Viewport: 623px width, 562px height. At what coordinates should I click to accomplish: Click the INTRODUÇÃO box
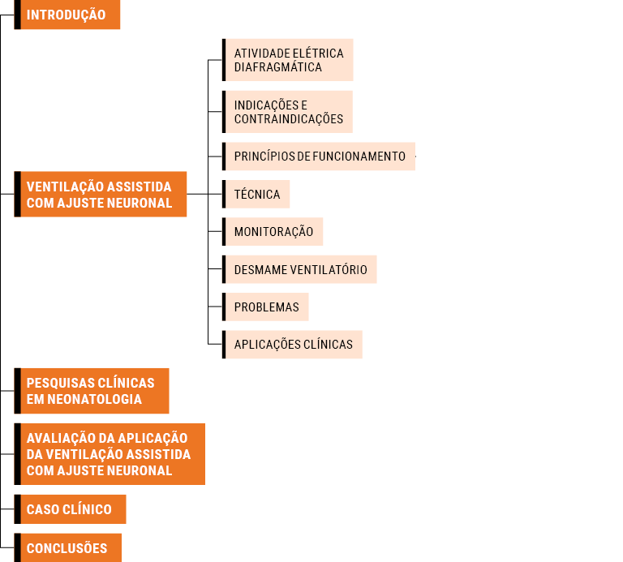[x=67, y=15]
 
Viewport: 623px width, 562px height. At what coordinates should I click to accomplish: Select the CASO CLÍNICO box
[x=70, y=509]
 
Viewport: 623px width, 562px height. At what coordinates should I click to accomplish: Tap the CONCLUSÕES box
[x=68, y=547]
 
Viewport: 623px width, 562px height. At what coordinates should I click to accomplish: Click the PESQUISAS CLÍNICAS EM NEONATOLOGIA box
[x=92, y=391]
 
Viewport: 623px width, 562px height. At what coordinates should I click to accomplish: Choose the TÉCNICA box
[x=256, y=194]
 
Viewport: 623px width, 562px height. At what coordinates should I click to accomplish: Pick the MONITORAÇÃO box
[x=273, y=232]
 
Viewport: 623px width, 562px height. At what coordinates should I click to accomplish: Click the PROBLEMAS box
[x=265, y=307]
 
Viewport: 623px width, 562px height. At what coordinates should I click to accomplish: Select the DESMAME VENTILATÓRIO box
[x=299, y=269]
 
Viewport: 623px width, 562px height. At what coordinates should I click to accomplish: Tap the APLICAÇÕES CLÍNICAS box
[x=292, y=345]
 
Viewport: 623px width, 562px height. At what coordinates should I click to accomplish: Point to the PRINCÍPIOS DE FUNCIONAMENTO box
[x=319, y=157]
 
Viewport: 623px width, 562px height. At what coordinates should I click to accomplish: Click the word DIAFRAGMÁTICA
[x=277, y=67]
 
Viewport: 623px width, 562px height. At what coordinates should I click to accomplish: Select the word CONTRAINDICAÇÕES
[x=289, y=118]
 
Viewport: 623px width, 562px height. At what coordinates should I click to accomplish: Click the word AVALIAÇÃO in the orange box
[x=60, y=438]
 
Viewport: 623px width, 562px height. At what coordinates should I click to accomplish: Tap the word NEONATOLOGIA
[x=95, y=399]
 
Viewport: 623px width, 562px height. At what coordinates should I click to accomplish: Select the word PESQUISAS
[x=60, y=383]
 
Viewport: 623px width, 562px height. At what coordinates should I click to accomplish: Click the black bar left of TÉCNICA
[x=224, y=194]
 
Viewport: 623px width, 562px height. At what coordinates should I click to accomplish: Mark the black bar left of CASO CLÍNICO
[x=18, y=509]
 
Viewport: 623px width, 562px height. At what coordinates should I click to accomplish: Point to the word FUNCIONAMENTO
[x=359, y=157]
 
